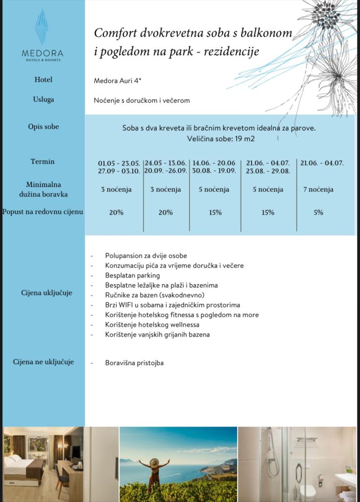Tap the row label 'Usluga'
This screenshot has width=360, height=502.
(x=43, y=100)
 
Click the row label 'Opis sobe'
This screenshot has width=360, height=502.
(x=43, y=126)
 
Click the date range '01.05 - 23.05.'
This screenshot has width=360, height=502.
(x=120, y=163)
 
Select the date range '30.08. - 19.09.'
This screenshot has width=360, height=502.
(x=215, y=171)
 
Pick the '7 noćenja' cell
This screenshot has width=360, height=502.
(x=318, y=189)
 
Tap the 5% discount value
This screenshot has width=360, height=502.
(x=318, y=212)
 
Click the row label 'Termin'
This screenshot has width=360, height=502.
(x=43, y=161)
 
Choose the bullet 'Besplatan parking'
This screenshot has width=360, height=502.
(x=132, y=276)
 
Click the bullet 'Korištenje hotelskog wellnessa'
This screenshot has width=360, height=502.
(x=152, y=325)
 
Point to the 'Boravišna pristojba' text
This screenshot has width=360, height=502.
(x=134, y=363)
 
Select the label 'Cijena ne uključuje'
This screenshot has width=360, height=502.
(x=43, y=362)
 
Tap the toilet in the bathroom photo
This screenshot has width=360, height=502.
(x=308, y=491)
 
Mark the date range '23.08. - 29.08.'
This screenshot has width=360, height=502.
(x=268, y=171)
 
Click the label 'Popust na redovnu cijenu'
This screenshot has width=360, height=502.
(x=43, y=212)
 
